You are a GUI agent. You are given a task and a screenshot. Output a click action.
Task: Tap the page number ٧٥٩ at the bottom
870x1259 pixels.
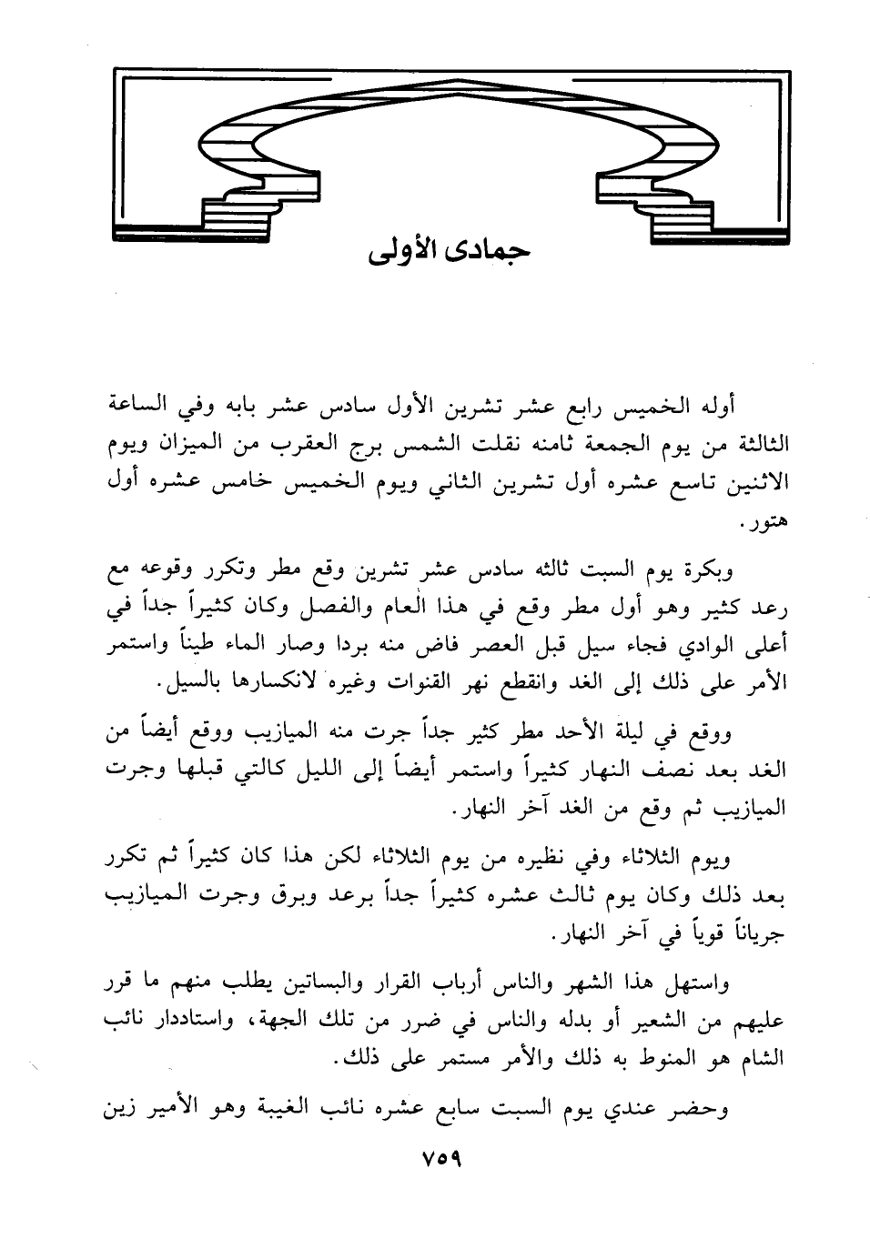pyautogui.click(x=440, y=1161)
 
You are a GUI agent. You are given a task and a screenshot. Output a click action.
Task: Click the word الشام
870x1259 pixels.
pyautogui.click(x=764, y=1060)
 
